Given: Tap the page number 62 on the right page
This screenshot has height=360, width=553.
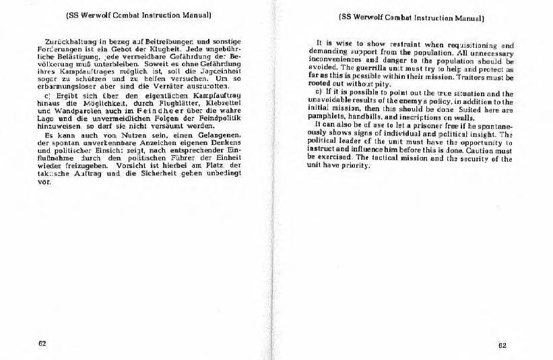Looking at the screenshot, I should click(x=502, y=344).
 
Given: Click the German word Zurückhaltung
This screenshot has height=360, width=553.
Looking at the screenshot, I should click(x=65, y=42).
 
